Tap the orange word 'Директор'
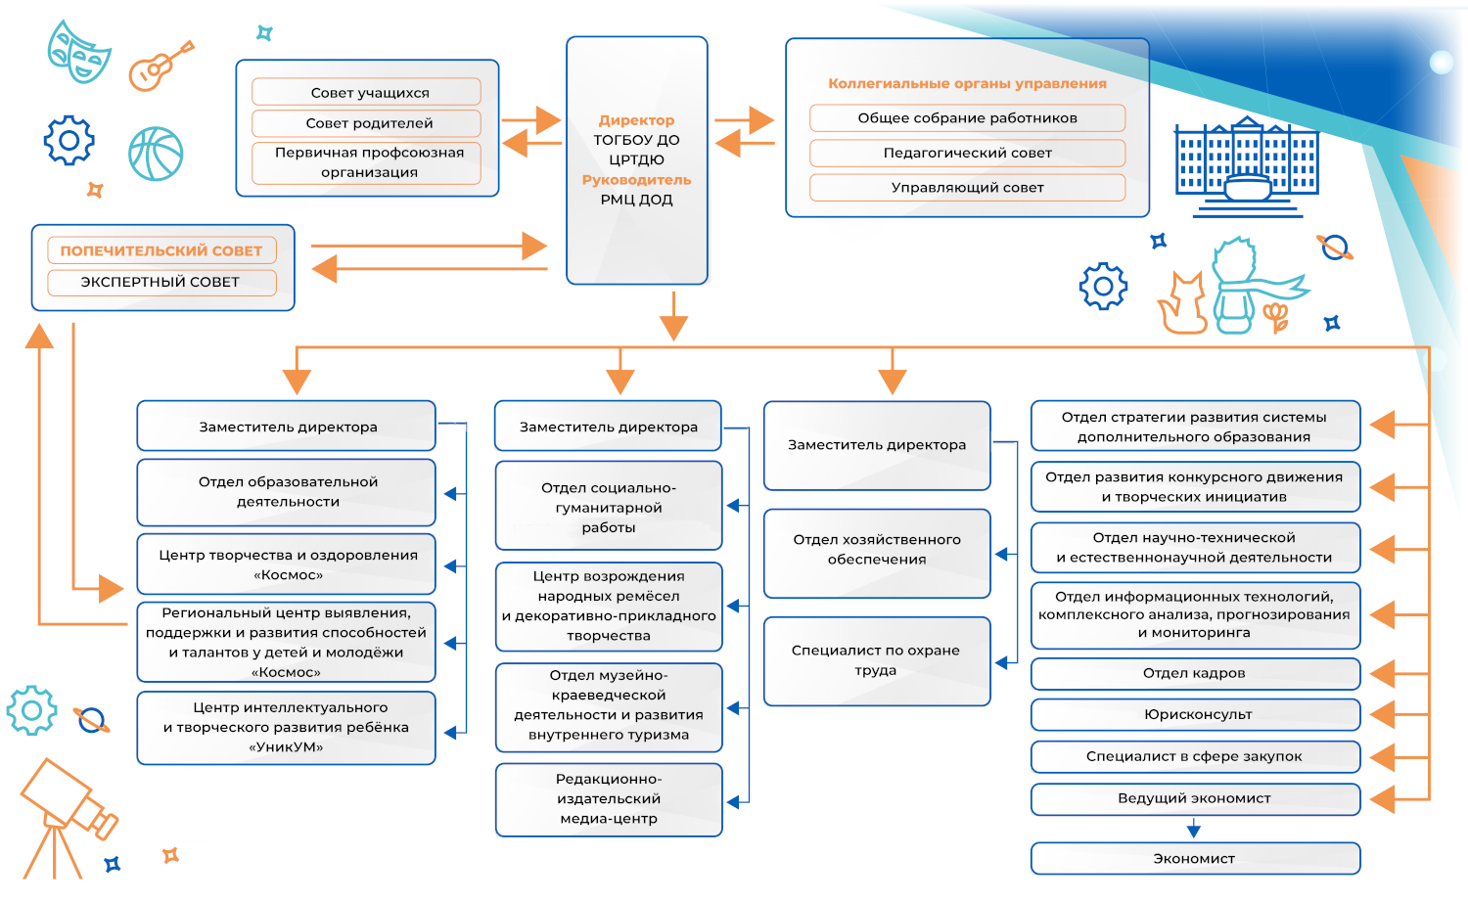(636, 120)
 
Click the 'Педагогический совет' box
(967, 153)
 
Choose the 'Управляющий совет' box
(967, 187)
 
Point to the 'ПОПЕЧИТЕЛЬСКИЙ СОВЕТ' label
(161, 250)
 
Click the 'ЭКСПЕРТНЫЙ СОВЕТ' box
(161, 282)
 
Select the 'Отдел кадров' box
(1195, 673)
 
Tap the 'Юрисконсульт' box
(1195, 714)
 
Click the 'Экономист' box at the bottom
(1195, 858)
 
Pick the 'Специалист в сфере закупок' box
(1195, 756)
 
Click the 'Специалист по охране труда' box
(876, 660)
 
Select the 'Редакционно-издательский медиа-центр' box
(609, 799)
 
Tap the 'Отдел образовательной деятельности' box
(287, 492)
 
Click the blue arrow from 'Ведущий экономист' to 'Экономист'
(1193, 829)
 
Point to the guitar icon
(160, 67)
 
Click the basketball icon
(156, 154)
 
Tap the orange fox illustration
(1183, 304)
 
